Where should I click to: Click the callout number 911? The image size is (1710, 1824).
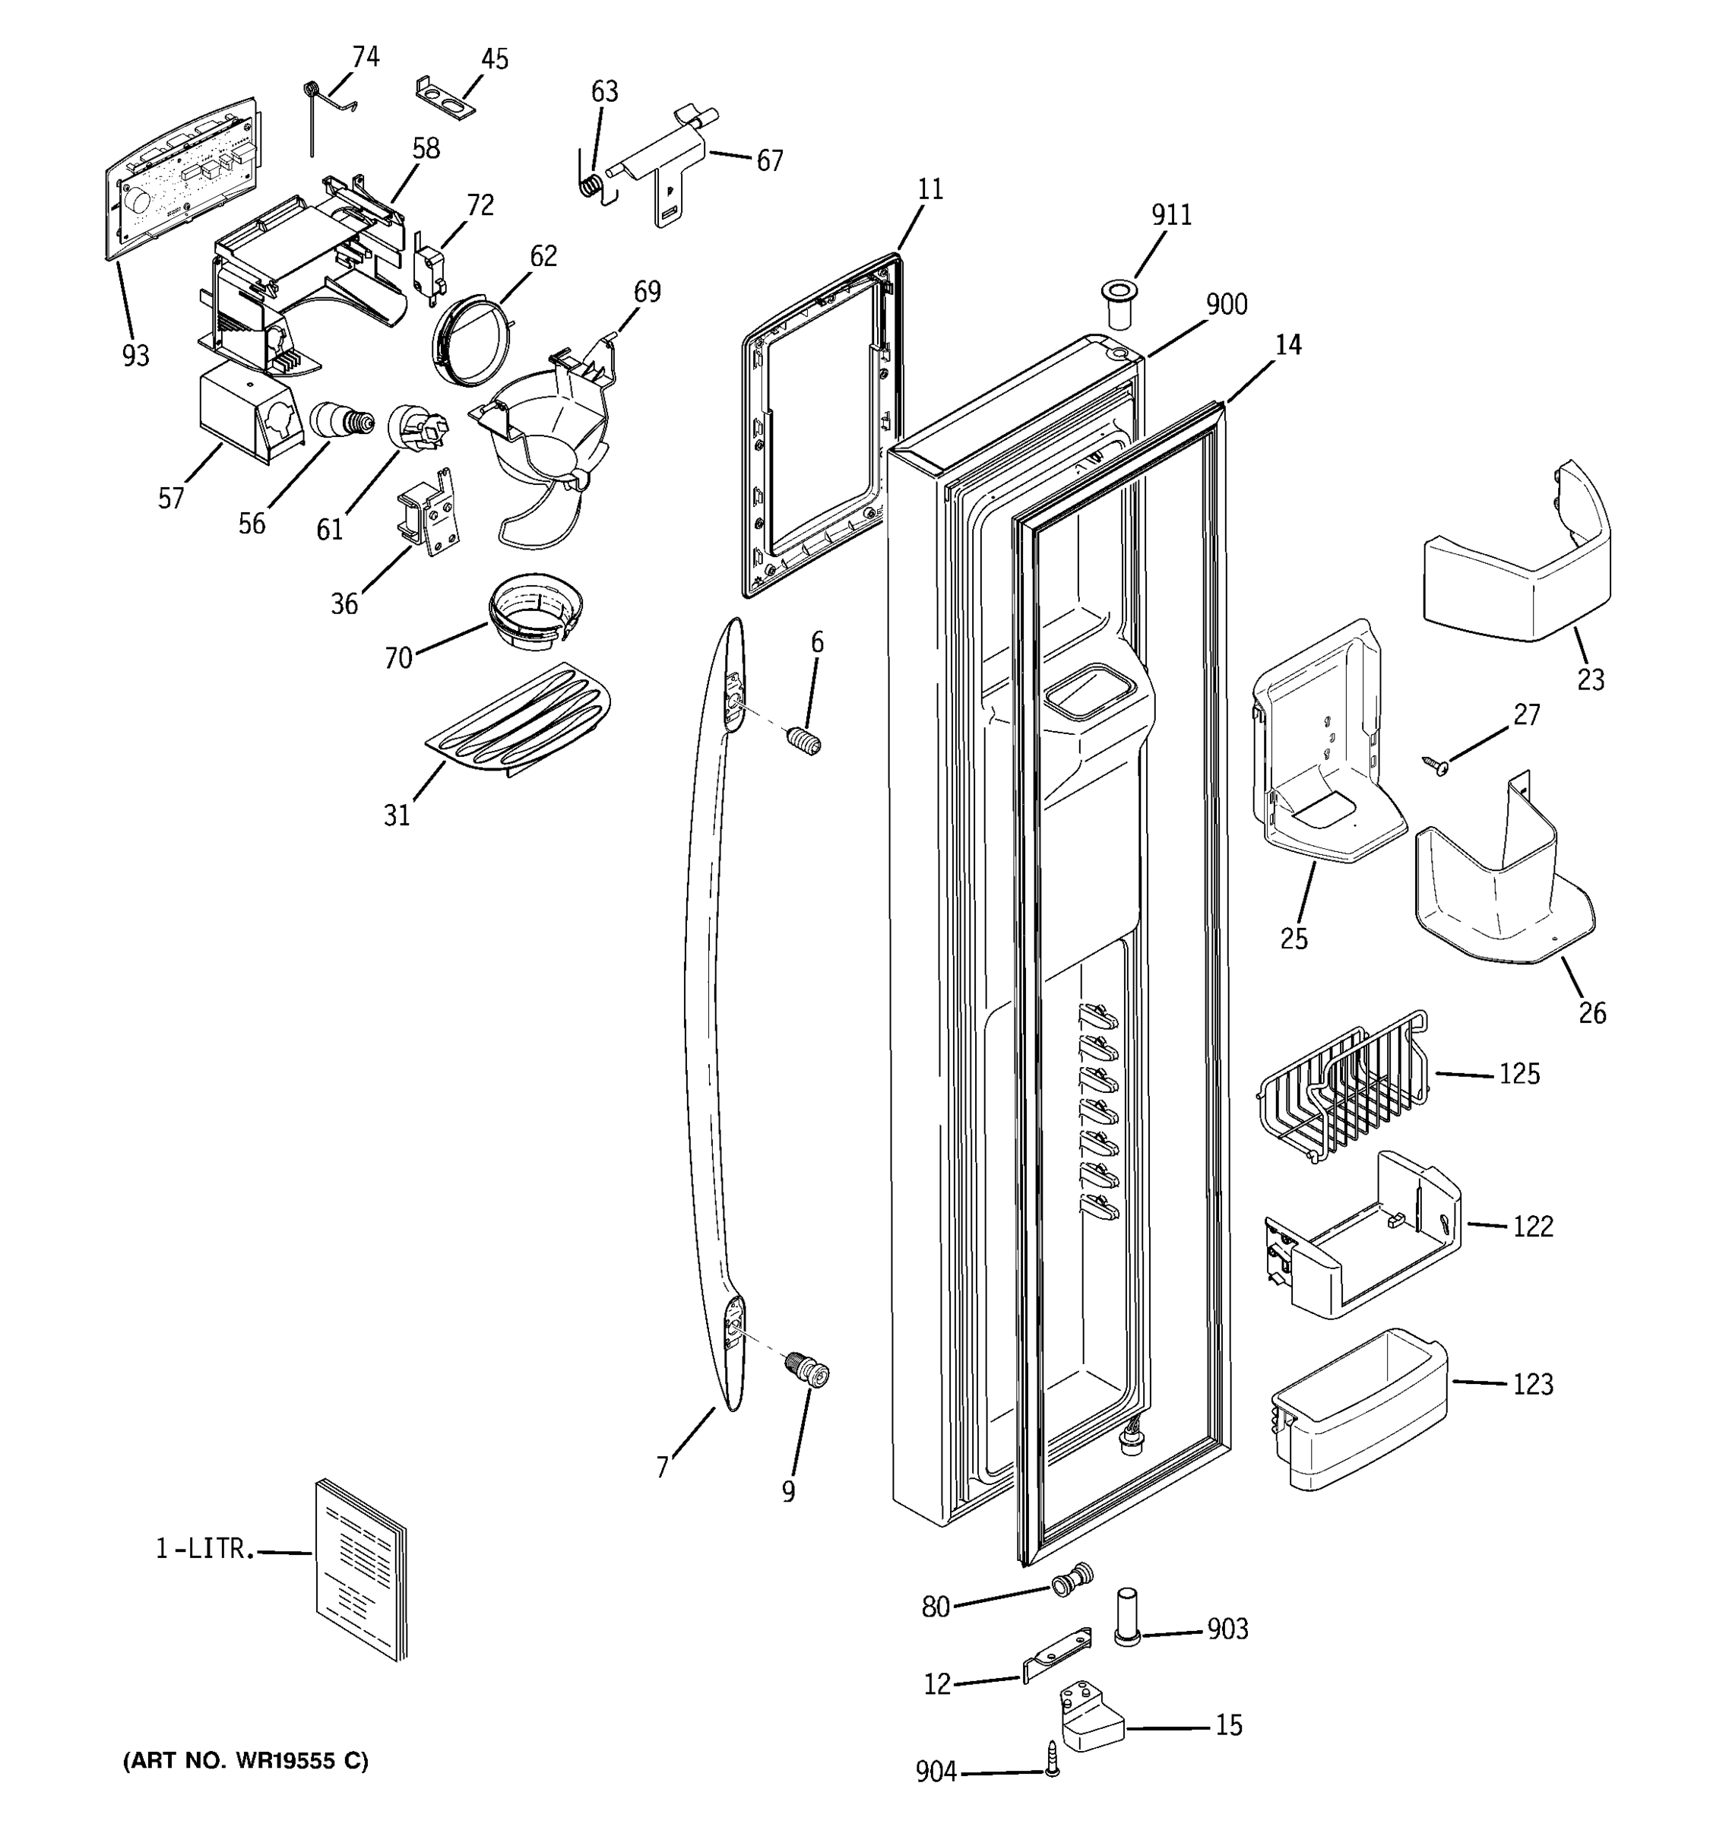click(x=1171, y=214)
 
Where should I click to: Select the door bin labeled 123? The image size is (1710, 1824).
click(x=1357, y=1409)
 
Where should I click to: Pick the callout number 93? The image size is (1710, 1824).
click(x=136, y=355)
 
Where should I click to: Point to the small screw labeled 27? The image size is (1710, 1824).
click(x=1436, y=763)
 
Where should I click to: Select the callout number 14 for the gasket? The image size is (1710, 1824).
click(x=1288, y=345)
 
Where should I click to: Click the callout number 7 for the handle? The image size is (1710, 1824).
click(x=663, y=1469)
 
